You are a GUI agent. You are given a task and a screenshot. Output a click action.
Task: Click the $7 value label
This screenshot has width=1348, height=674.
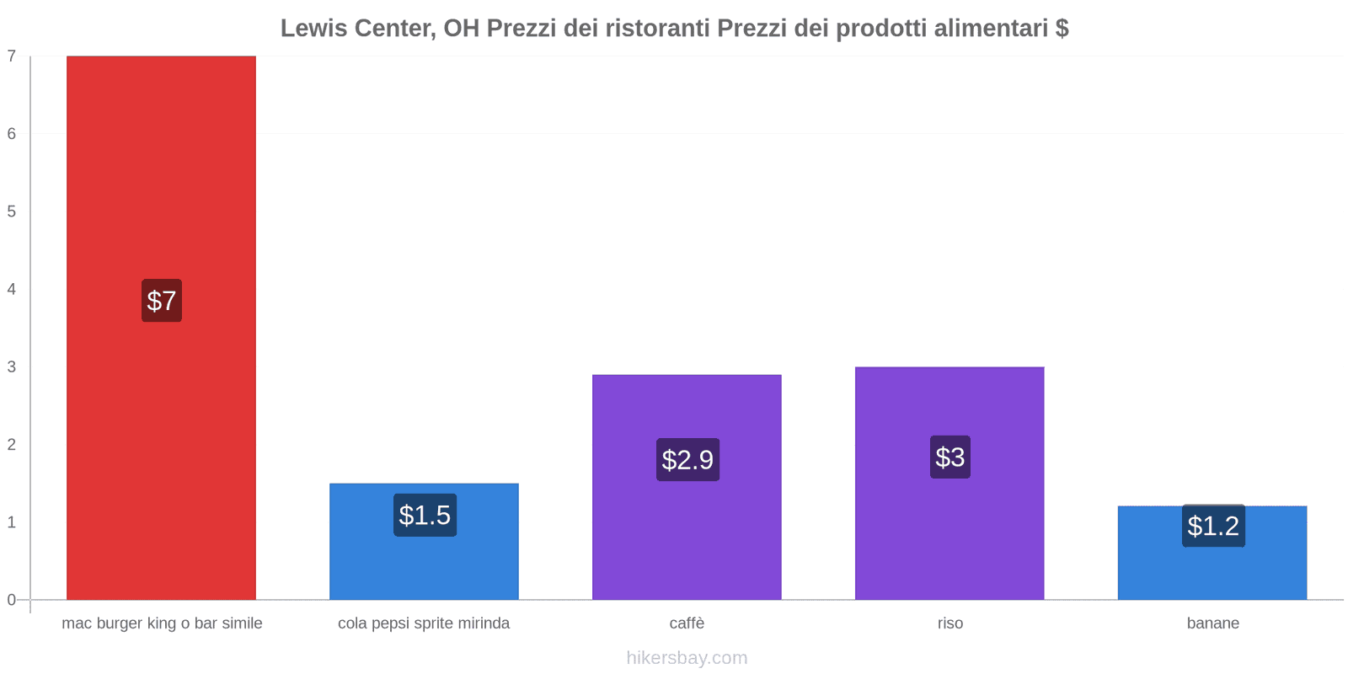click(161, 301)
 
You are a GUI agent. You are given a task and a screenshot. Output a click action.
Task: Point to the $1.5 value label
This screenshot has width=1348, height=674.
click(425, 515)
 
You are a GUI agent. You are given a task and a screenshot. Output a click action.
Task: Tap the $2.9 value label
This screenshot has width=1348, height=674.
click(687, 460)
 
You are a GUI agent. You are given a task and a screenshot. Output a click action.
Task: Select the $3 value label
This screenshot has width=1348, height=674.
click(949, 457)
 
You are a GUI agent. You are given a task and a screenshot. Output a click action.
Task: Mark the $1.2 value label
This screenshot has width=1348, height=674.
click(1213, 526)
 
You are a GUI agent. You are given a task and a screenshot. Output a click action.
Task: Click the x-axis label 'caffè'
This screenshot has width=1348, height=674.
click(687, 623)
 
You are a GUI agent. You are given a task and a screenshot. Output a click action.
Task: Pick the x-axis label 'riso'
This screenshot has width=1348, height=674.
click(949, 623)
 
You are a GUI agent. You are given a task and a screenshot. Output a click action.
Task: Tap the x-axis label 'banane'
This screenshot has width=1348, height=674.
click(1212, 623)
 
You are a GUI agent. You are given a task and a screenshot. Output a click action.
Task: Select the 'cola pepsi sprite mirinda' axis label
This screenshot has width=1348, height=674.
click(424, 623)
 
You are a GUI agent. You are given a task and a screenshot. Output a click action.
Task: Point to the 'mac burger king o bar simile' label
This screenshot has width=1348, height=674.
click(162, 623)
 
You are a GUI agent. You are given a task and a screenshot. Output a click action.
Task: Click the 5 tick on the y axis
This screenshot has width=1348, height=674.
click(12, 211)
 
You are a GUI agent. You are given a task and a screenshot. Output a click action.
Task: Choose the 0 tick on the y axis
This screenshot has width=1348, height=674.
click(12, 600)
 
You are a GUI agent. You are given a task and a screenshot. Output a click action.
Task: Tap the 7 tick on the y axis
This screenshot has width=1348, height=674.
click(12, 56)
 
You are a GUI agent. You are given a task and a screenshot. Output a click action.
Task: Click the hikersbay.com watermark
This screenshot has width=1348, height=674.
click(687, 658)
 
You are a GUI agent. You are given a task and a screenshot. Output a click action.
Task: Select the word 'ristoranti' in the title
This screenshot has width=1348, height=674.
click(656, 29)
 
